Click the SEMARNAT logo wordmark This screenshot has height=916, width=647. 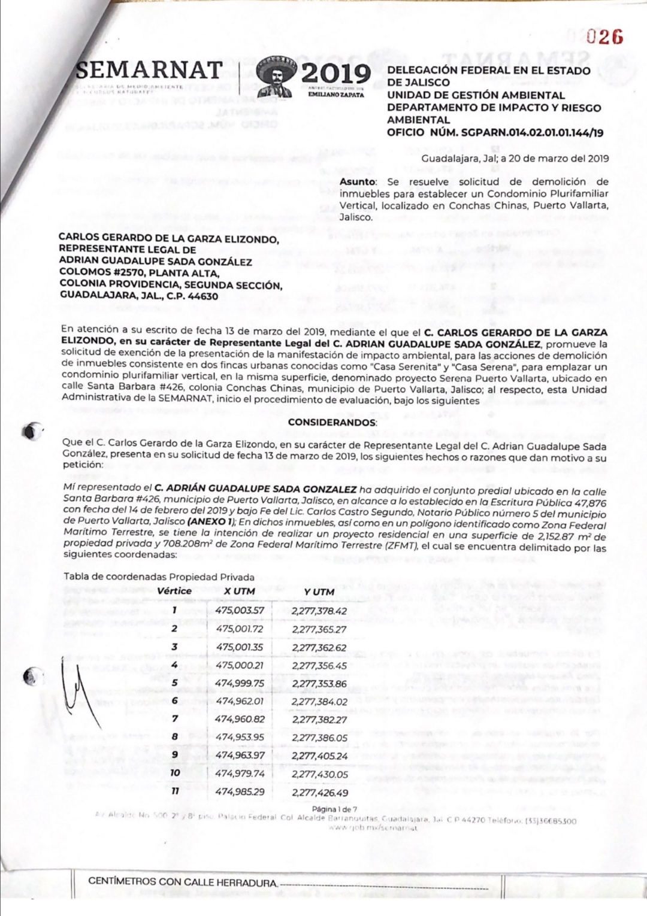click(x=150, y=70)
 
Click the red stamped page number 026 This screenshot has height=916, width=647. click(x=604, y=37)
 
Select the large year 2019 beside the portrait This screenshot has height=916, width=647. click(x=336, y=73)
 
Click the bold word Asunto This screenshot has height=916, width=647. click(x=358, y=182)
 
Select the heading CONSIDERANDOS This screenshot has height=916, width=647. click(x=332, y=422)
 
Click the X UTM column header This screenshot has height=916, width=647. click(x=240, y=592)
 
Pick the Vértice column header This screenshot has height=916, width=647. click(x=174, y=591)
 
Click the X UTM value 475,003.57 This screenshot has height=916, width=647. click(x=240, y=611)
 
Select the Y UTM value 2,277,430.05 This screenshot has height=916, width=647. click(x=320, y=774)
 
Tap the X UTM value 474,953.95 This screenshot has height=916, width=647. click(x=240, y=737)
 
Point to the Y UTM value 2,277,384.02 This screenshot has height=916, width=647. click(x=320, y=702)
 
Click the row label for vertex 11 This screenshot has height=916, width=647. click(x=175, y=791)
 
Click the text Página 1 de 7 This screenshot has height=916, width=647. click(x=334, y=809)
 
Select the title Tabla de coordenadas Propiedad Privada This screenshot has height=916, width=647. click(x=159, y=577)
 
